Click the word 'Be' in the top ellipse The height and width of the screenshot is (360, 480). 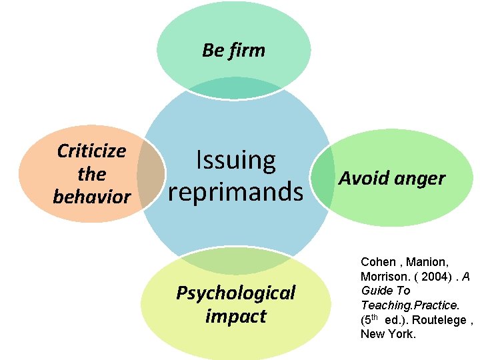(x=213, y=51)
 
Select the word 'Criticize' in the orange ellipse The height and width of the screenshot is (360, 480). (x=91, y=151)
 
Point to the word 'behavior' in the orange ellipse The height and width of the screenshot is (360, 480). (x=91, y=197)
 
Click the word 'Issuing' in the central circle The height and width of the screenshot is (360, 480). (x=235, y=161)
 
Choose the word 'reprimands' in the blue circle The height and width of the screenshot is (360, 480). (x=235, y=192)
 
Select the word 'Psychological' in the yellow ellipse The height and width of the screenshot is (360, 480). (x=235, y=293)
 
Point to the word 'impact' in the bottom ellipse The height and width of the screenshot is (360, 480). (x=235, y=316)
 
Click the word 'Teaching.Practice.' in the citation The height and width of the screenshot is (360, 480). (x=410, y=305)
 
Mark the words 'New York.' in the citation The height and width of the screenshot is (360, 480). (x=388, y=334)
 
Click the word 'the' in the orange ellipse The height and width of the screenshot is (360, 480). (x=91, y=175)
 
